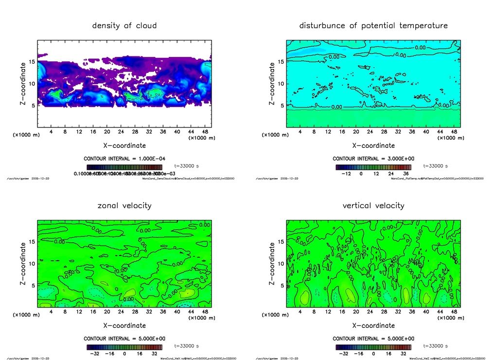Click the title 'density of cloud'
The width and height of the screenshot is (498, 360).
tap(124, 25)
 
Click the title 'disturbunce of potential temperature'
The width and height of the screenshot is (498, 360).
tap(373, 25)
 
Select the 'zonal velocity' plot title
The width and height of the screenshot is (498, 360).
tap(124, 205)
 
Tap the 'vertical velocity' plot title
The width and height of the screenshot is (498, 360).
tap(373, 205)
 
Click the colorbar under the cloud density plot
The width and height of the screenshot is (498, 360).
tap(124, 167)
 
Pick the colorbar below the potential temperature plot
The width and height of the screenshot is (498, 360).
tap(373, 167)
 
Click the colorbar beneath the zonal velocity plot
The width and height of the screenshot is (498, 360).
tap(124, 347)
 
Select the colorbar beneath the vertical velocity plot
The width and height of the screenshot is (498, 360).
tap(373, 347)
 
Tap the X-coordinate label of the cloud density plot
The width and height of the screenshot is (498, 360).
tap(124, 145)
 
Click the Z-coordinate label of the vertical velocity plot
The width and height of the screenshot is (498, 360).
tap(272, 263)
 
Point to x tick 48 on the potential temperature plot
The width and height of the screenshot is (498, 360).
tap(453, 132)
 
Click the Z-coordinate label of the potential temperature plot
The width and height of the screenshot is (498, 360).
tap(272, 83)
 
